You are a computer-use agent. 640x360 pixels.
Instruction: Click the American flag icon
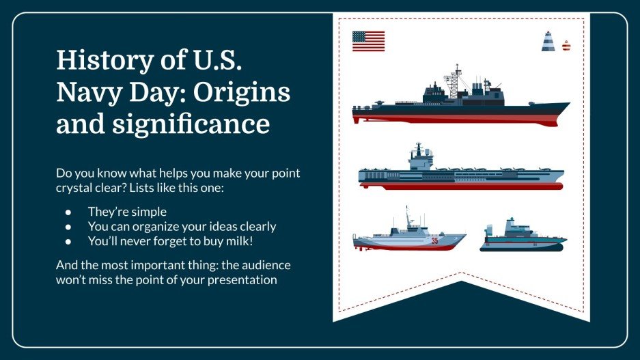tap(368, 41)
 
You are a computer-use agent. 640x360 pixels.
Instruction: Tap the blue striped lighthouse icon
tap(548, 42)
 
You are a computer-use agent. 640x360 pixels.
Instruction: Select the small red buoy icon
tap(566, 46)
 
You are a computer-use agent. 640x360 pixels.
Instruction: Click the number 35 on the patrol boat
tap(434, 240)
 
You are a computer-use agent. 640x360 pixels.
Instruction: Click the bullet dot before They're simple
tap(68, 212)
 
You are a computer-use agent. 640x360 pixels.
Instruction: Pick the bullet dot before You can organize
tap(68, 226)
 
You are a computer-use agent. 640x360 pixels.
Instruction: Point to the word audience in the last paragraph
tap(268, 264)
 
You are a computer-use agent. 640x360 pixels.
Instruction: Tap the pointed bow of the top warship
tap(564, 105)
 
